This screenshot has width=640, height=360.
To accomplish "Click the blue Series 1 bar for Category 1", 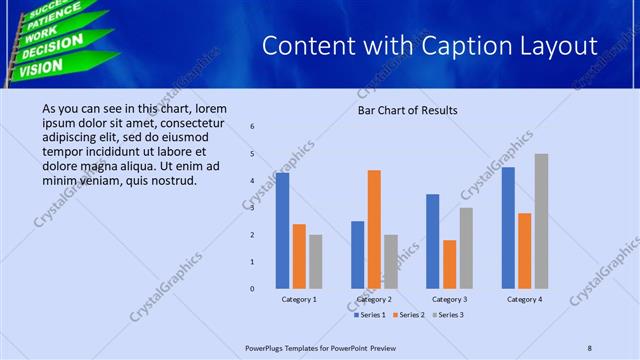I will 283,230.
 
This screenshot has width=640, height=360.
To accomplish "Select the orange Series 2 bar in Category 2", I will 374,229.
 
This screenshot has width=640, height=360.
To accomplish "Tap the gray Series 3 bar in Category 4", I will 541,221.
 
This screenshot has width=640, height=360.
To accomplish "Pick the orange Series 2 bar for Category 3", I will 449,264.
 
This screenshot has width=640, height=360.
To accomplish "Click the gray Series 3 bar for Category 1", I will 315,261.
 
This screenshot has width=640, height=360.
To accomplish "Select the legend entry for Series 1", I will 372,314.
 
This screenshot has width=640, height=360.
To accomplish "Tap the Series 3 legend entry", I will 448,314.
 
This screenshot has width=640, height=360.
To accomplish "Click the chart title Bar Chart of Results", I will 407,110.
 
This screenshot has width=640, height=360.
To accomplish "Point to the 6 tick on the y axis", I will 252,127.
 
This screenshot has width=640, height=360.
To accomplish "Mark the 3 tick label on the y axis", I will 252,208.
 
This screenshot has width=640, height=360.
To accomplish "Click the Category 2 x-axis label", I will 374,299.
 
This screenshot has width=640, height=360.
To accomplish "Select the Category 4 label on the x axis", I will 524,299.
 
